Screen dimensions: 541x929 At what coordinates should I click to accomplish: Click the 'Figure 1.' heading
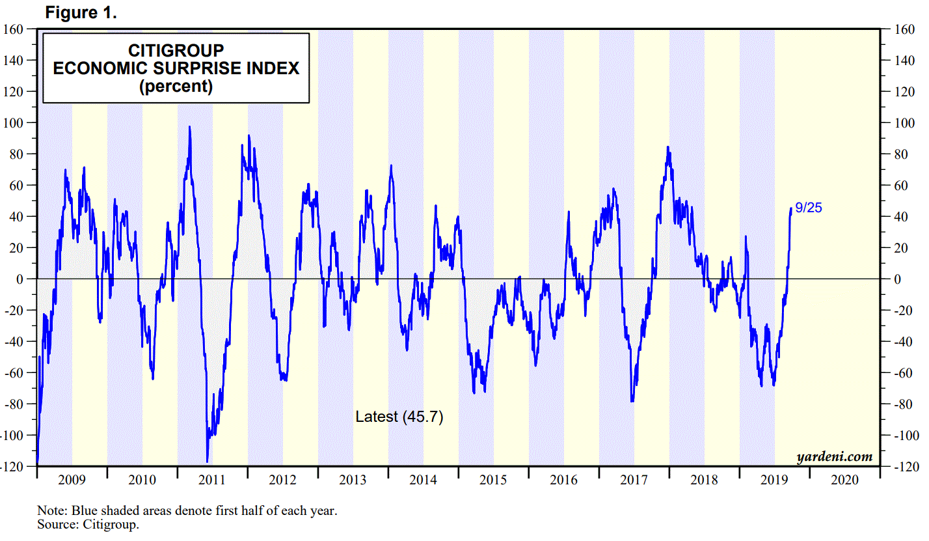click(x=81, y=12)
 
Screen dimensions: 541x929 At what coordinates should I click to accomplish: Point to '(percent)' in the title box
click(x=176, y=86)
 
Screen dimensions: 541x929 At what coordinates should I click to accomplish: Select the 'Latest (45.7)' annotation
click(x=399, y=417)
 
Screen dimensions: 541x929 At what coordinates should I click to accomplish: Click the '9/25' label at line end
click(x=809, y=208)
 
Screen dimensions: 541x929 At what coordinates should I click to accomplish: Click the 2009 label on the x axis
click(x=72, y=480)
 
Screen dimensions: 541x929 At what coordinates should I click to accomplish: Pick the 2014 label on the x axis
click(x=424, y=480)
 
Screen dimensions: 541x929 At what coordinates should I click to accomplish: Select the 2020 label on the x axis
click(x=845, y=480)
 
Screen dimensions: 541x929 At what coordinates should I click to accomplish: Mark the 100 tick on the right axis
click(x=902, y=123)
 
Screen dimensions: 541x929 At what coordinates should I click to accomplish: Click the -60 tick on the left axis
click(x=15, y=373)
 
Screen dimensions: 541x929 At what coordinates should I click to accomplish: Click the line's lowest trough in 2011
click(x=207, y=461)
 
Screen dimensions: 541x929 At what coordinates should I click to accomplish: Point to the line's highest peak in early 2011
click(x=189, y=127)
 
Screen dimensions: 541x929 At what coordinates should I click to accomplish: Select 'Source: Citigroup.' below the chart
click(x=88, y=524)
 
